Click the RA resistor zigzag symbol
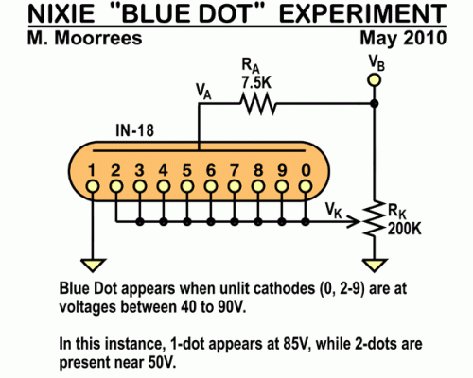tap(258, 103)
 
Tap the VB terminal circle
tap(374, 80)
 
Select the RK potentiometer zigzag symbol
tap(374, 218)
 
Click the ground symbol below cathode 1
tap(93, 265)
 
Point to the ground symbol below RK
tap(374, 265)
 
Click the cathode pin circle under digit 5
tap(187, 187)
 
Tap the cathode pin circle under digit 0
tap(305, 187)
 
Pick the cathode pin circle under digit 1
tap(93, 187)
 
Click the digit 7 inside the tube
tap(235, 171)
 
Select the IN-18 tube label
tap(135, 130)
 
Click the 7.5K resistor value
tap(256, 83)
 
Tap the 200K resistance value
tap(405, 229)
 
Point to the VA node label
tap(203, 92)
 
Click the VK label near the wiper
tap(334, 210)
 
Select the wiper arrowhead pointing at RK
tap(354, 222)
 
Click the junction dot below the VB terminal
tap(374, 103)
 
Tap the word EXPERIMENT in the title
tap(362, 14)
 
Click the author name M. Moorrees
tap(85, 38)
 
